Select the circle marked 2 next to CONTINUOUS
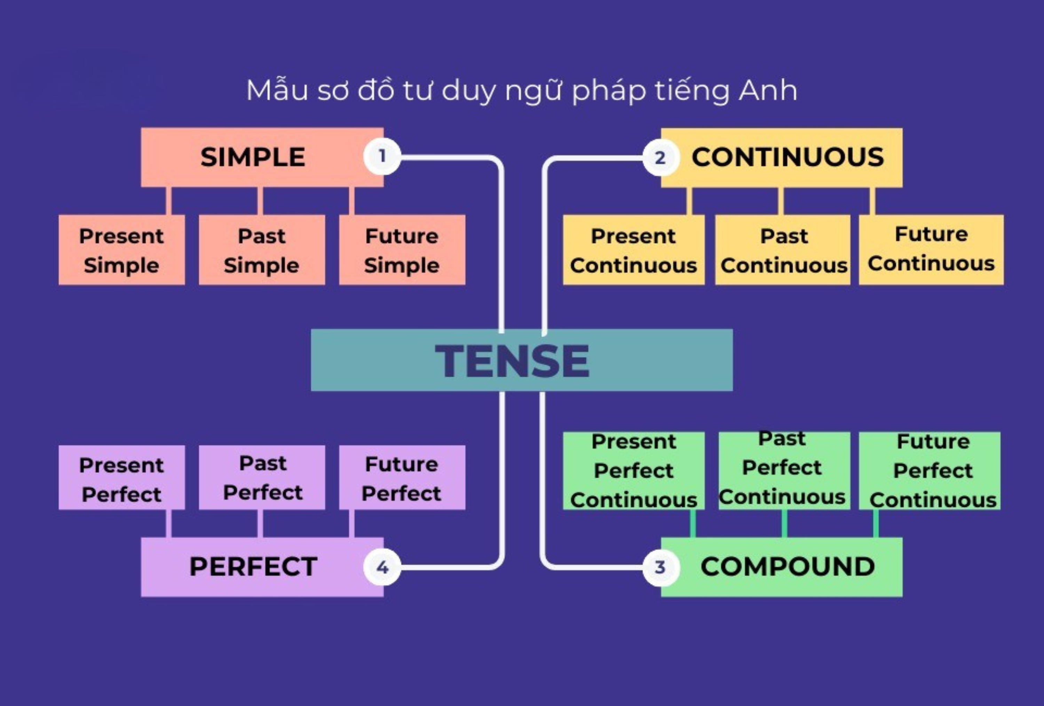tap(660, 157)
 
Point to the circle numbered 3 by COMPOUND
tap(660, 567)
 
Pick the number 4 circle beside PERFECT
tap(382, 567)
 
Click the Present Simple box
tap(121, 250)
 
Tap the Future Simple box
tap(402, 250)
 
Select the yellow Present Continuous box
tap(633, 250)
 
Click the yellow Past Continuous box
tap(783, 250)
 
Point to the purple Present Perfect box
tap(121, 478)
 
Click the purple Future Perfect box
tap(402, 478)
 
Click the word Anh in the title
tap(768, 90)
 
